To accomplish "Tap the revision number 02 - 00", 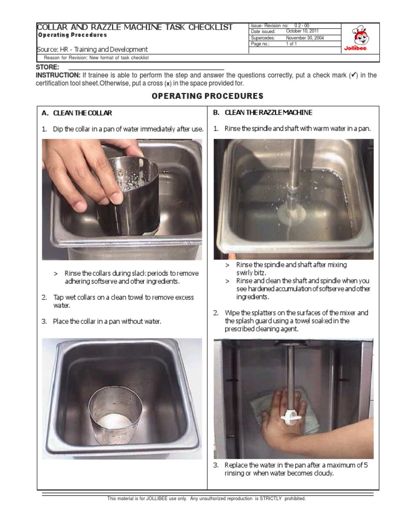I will click(x=302, y=25).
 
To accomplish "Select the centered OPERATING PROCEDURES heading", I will click(x=207, y=96).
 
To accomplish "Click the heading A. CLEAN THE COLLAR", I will click(x=77, y=113).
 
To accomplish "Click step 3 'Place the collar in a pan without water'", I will click(x=106, y=321).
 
